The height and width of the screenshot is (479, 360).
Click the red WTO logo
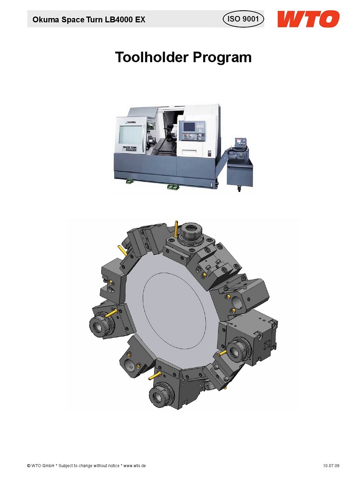point(308,19)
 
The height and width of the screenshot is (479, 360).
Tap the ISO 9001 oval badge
point(243,19)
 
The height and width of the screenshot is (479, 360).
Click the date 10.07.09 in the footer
point(331,466)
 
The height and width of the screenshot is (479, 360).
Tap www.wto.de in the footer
point(134,466)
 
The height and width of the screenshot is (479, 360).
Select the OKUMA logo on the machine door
point(131,122)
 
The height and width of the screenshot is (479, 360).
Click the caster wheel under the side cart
point(239,189)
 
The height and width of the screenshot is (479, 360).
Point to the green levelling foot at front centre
point(173,187)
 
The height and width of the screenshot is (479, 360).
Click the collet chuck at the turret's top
point(190,232)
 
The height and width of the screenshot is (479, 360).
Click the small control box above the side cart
point(241,142)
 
